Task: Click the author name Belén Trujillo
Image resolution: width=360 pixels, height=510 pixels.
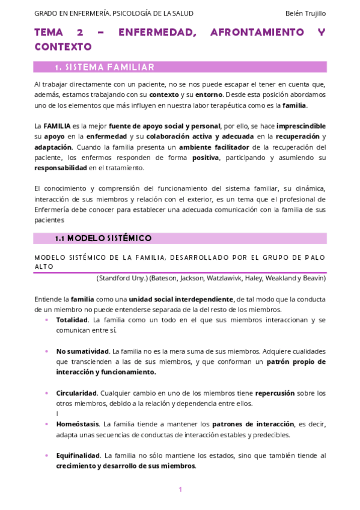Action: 306,13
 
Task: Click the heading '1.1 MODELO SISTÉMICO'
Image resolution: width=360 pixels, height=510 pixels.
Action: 103,238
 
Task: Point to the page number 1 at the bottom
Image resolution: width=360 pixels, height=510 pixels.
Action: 180,490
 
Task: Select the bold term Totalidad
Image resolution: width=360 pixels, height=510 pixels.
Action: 72,320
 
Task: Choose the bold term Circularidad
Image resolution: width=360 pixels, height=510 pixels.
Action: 77,393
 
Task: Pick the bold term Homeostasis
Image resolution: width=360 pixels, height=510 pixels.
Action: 78,424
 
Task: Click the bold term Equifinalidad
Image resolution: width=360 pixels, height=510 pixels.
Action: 78,455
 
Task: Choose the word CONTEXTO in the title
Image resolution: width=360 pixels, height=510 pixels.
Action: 63,46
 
